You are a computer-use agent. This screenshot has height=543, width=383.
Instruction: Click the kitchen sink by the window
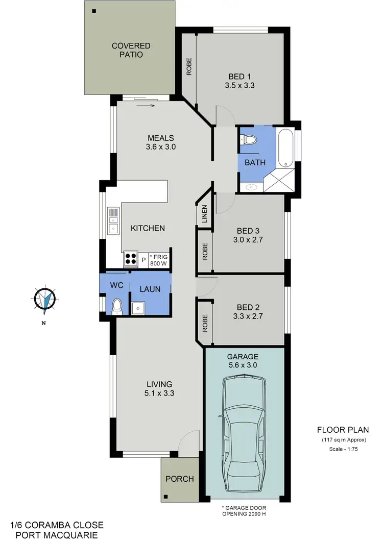(x=113, y=220)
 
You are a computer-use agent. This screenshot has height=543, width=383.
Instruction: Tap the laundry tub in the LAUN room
(x=138, y=308)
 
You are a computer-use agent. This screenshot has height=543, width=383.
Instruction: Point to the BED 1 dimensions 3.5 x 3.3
(x=240, y=86)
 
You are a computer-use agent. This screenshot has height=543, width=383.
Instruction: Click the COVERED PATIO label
(x=128, y=51)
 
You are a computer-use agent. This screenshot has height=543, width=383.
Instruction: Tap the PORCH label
(x=180, y=479)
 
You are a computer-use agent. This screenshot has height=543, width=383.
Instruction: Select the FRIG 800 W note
(x=158, y=260)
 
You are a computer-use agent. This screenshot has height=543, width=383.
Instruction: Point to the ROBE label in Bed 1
(x=188, y=67)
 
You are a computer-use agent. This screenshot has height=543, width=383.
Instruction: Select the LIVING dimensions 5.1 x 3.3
(x=159, y=393)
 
